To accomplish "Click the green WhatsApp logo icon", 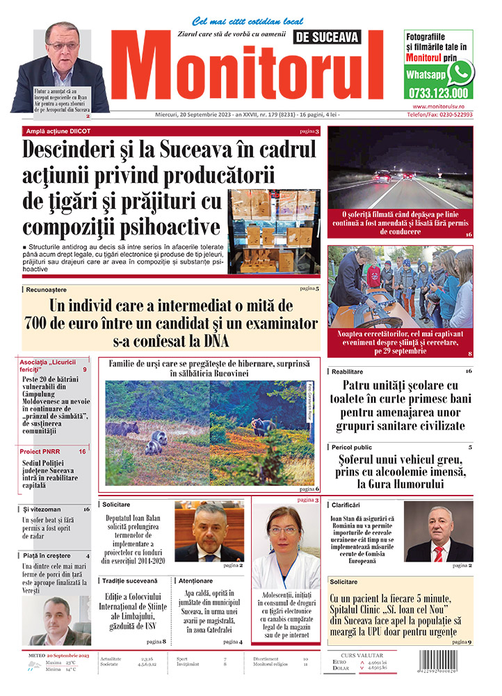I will (460, 72).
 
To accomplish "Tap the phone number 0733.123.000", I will (438, 93).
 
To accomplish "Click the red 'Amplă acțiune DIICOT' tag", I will (58, 131).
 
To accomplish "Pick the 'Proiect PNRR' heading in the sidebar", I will (40, 452).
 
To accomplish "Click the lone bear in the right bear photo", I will (263, 426).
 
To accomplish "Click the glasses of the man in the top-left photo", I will (63, 46).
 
